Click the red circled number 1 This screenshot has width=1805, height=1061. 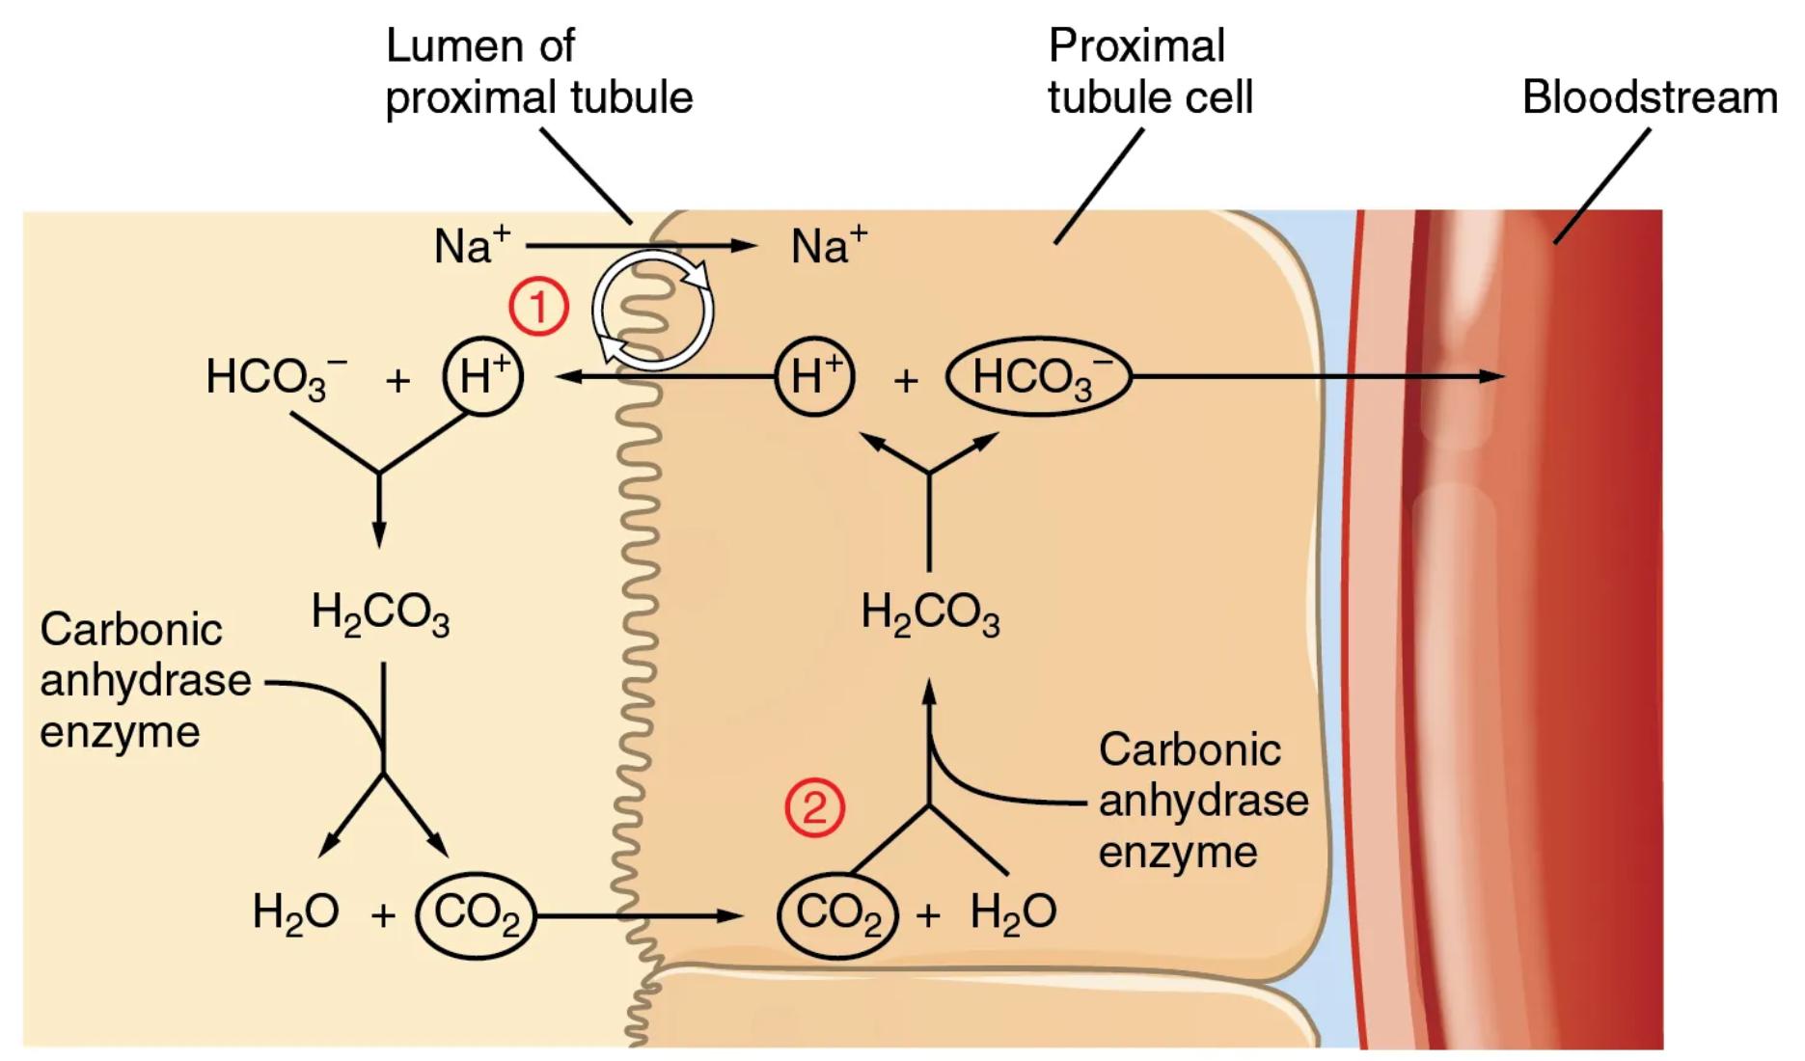point(538,308)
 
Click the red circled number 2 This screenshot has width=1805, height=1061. point(814,807)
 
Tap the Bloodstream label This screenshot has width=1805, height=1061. point(1649,97)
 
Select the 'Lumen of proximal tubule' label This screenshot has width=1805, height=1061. point(538,72)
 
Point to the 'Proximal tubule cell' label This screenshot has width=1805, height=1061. point(1149,72)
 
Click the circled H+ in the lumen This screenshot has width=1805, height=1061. point(482,376)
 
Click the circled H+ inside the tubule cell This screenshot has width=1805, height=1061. point(815,376)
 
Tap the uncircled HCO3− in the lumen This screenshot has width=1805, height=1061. point(276,377)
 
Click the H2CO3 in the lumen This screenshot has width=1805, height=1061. point(380,614)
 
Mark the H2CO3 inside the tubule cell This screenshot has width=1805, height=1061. point(930,614)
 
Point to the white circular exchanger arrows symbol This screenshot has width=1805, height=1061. point(653,311)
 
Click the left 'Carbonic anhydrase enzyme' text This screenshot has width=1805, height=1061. point(135,681)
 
